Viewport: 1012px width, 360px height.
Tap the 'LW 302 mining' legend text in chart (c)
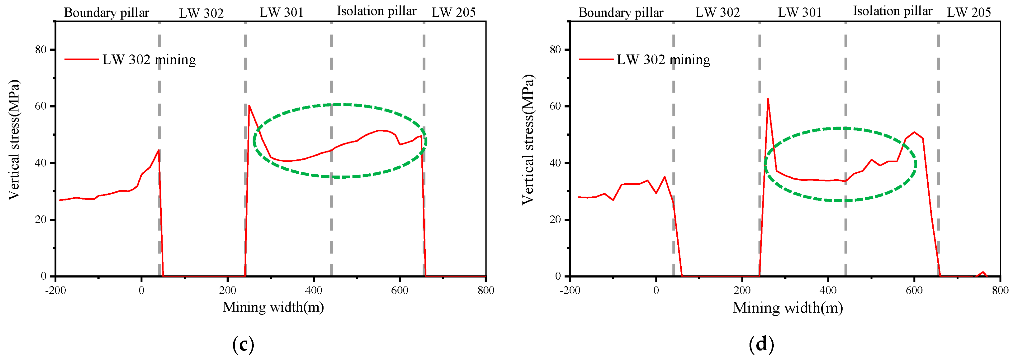pyautogui.click(x=149, y=60)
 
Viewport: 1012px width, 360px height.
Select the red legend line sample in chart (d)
pyautogui.click(x=596, y=59)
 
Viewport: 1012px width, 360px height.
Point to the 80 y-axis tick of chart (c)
pyautogui.click(x=40, y=49)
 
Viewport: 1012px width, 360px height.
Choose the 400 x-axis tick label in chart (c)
pyautogui.click(x=313, y=290)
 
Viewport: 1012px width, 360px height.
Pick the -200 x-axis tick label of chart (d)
pyautogui.click(x=570, y=290)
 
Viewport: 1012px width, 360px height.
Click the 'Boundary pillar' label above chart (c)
pyautogui.click(x=107, y=12)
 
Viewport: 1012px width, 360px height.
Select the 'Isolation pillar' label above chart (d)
pyautogui.click(x=892, y=11)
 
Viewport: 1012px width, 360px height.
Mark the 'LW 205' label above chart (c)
pyautogui.click(x=454, y=12)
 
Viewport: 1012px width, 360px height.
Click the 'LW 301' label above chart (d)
pyautogui.click(x=800, y=12)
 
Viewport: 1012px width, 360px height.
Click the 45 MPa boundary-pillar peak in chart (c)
pyautogui.click(x=158, y=150)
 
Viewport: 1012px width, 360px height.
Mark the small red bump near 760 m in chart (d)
pyautogui.click(x=983, y=272)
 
